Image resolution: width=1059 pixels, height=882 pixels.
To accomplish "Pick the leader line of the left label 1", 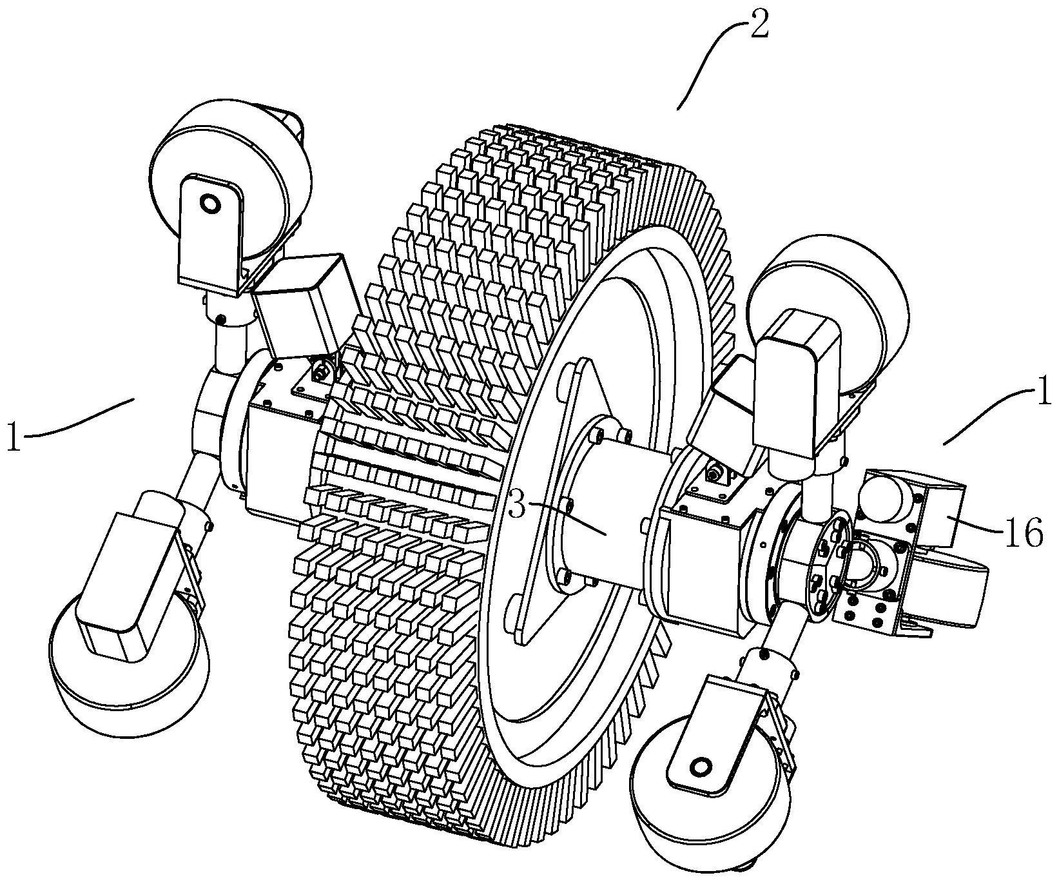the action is point(77,420).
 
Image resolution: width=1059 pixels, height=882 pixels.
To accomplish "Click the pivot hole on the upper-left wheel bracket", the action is point(210,204).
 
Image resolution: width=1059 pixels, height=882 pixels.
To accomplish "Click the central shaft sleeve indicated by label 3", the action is point(606,516).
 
